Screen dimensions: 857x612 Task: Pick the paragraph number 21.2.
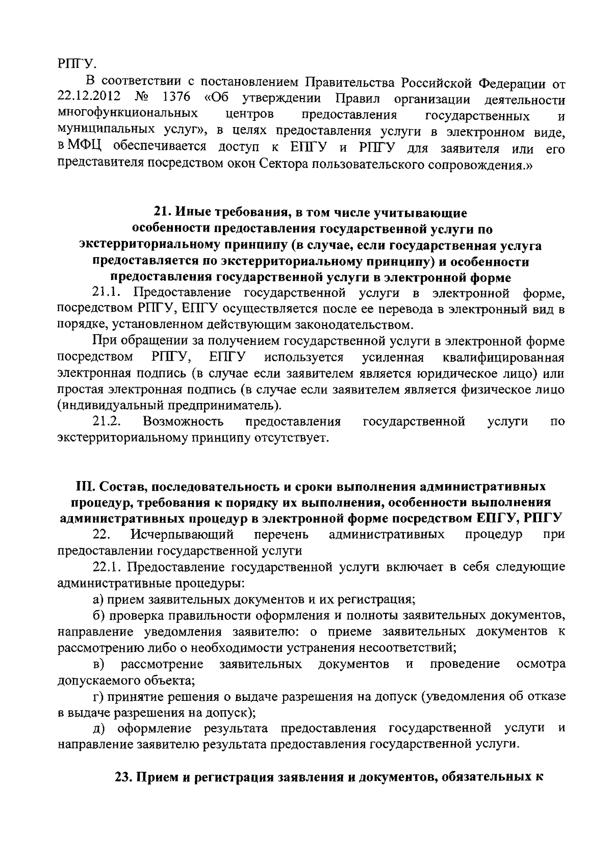click(x=106, y=422)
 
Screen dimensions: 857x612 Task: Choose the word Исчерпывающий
click(x=182, y=535)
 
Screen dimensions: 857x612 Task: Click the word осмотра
click(x=541, y=664)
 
